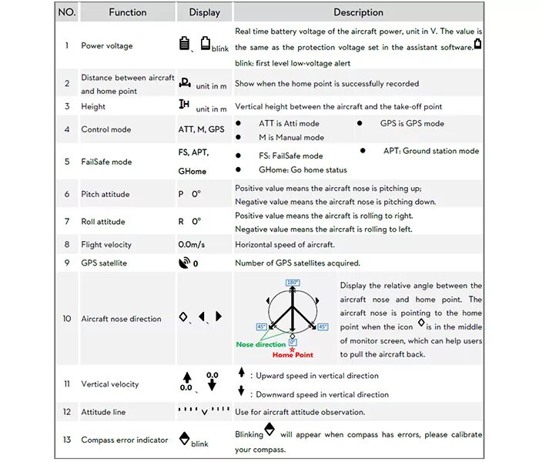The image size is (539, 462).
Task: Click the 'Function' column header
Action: click(x=127, y=12)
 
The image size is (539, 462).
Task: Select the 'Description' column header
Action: click(x=358, y=12)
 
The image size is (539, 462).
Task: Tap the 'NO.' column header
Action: click(x=67, y=12)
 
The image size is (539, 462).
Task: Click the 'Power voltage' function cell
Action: click(x=107, y=45)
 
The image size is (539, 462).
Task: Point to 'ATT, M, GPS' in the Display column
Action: click(x=202, y=129)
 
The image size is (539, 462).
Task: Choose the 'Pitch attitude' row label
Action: click(x=105, y=195)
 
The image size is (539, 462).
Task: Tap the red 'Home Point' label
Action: click(x=293, y=355)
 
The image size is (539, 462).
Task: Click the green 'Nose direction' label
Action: click(x=261, y=344)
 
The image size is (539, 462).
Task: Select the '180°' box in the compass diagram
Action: click(x=293, y=283)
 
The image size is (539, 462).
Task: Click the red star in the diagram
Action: click(x=293, y=349)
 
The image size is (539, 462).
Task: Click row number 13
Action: click(x=67, y=440)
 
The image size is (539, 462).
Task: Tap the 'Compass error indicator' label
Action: click(x=125, y=440)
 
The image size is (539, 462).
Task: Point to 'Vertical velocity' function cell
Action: click(x=110, y=384)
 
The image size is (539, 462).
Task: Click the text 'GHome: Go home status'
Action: click(x=303, y=170)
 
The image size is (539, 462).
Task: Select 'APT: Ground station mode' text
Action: click(x=431, y=151)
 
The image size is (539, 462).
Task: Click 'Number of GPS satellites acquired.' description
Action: click(x=297, y=263)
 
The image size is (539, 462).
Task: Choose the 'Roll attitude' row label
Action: click(x=103, y=222)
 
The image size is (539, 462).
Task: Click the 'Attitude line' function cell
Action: click(x=103, y=413)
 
